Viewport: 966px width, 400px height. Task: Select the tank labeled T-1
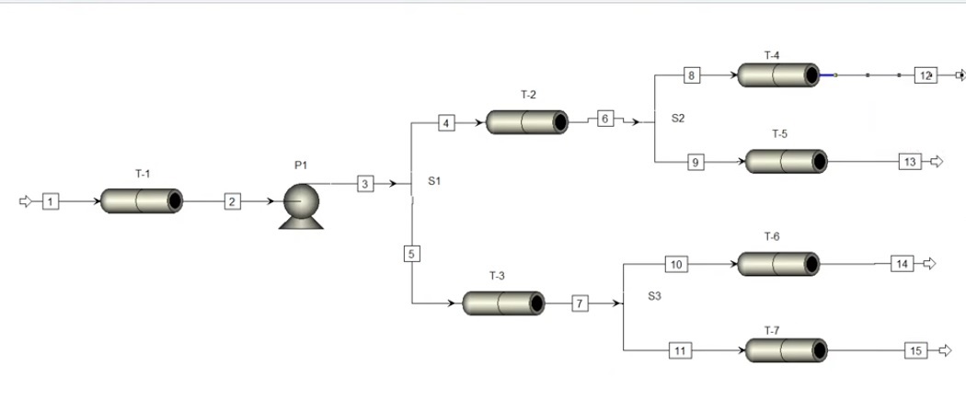[x=141, y=200]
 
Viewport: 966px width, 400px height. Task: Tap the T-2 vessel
[x=527, y=121]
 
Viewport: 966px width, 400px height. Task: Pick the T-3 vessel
[x=503, y=303]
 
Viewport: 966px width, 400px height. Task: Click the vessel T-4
[x=778, y=74]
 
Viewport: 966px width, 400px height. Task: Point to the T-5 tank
[x=786, y=162]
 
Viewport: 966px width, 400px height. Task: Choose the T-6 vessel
[x=778, y=264]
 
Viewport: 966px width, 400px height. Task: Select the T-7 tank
[x=786, y=350]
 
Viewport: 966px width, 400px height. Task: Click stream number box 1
[x=51, y=200]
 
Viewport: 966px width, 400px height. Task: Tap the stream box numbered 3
[x=365, y=184]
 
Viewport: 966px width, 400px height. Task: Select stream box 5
[x=411, y=254]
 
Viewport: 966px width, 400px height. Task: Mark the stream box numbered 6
[x=604, y=119]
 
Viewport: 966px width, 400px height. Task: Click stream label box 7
[x=580, y=303]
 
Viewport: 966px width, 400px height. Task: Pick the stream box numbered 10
[x=676, y=265]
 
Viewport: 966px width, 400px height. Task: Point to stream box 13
[x=910, y=162]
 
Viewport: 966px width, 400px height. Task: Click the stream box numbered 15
[x=915, y=350]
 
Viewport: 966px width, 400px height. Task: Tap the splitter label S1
[x=435, y=181]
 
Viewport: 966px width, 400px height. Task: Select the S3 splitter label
[x=654, y=296]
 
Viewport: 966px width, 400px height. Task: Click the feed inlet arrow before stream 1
[x=26, y=200]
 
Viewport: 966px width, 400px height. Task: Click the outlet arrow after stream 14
[x=929, y=264]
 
